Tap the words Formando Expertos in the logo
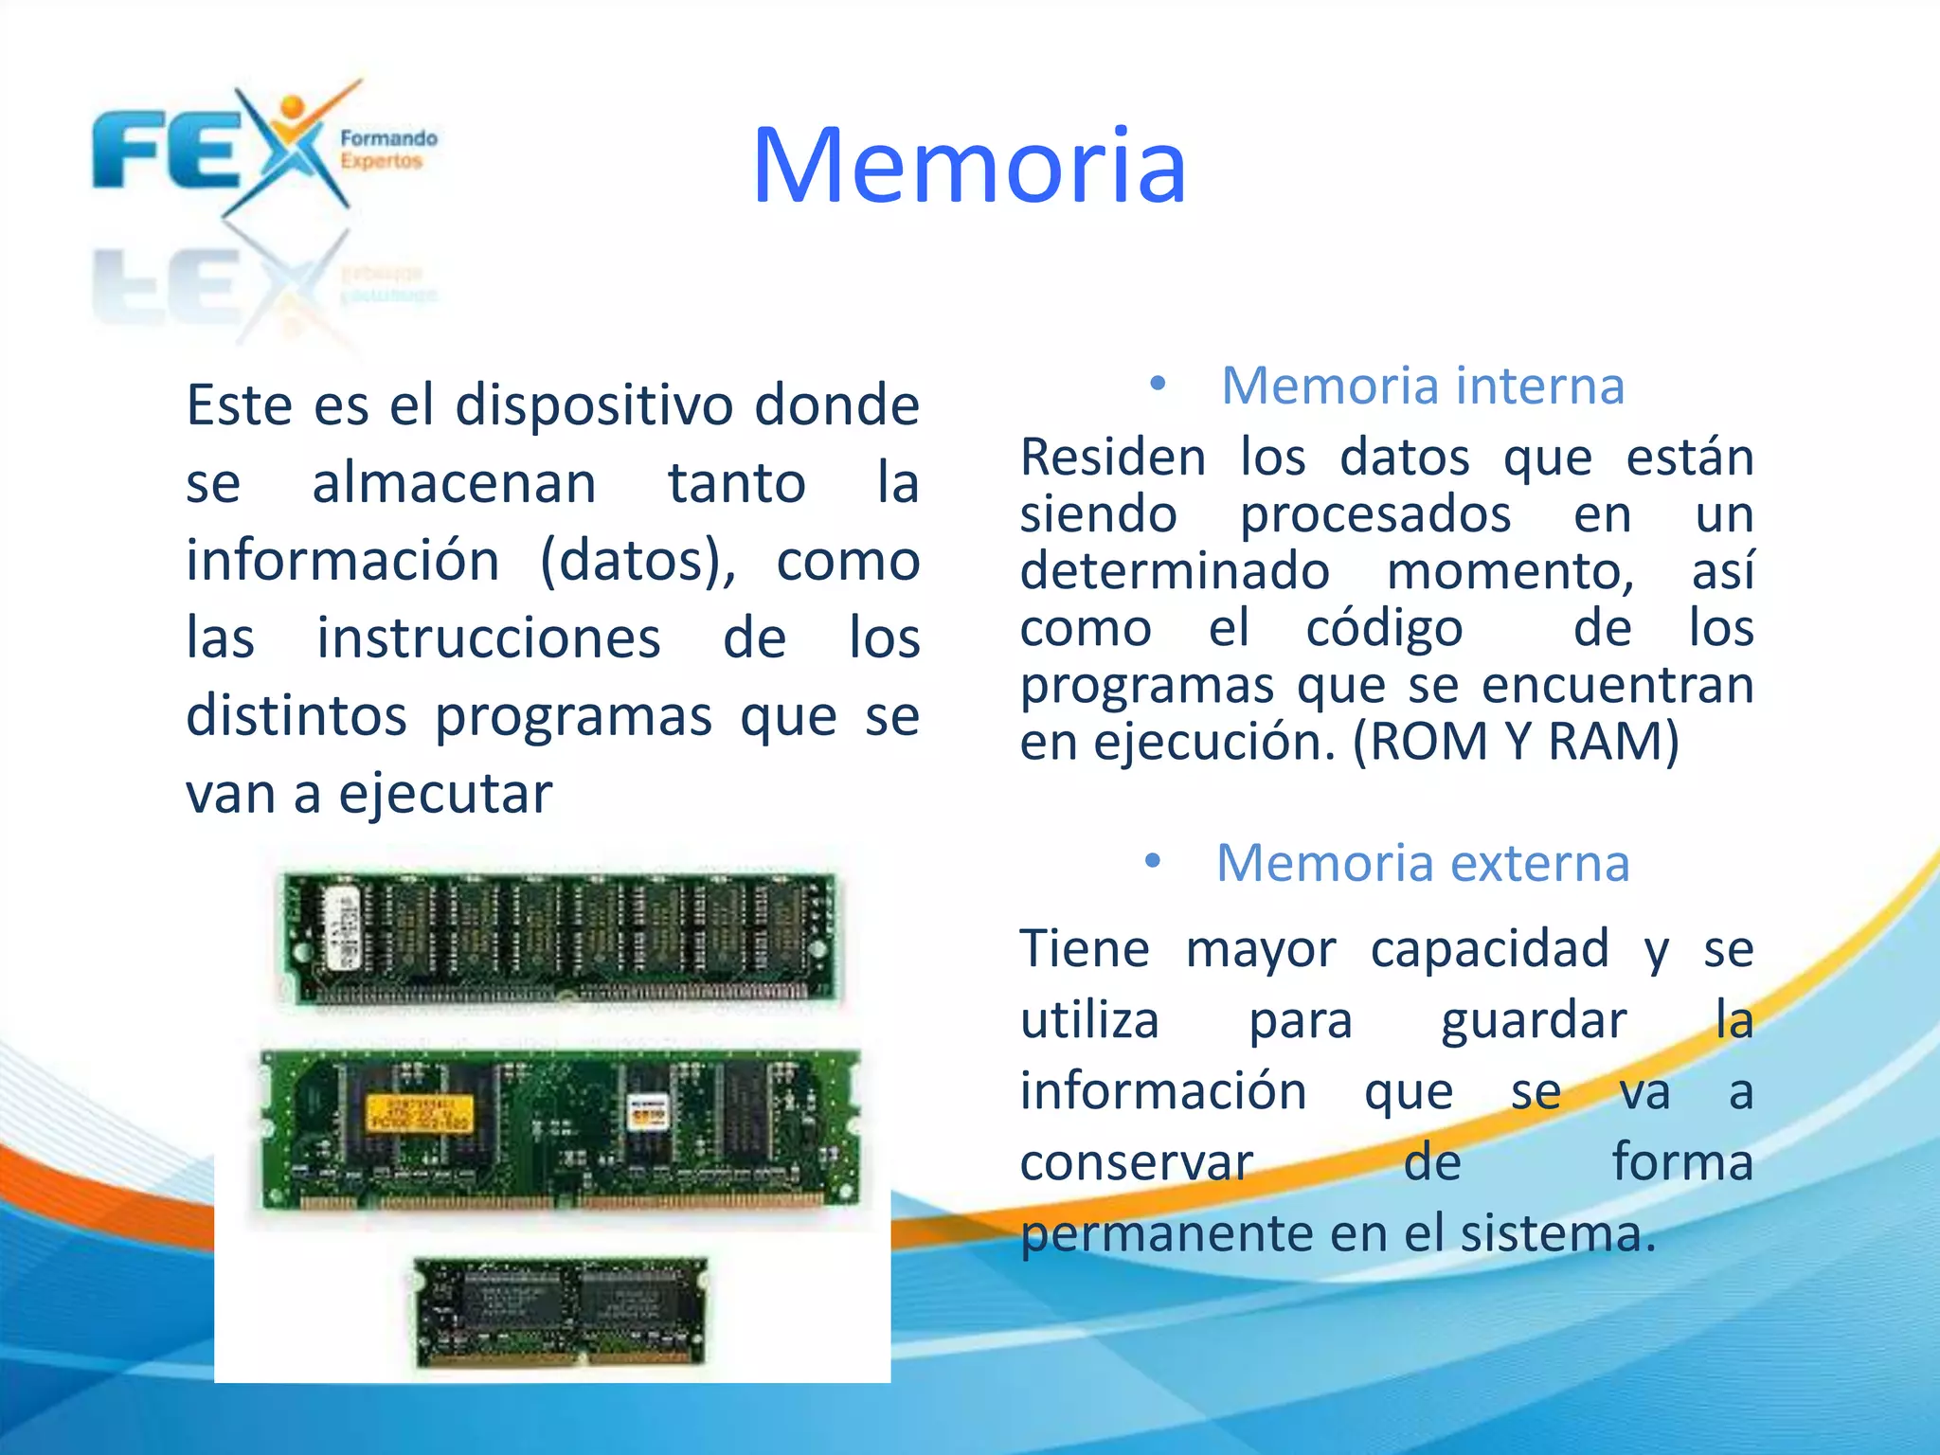click(388, 150)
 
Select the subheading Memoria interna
click(1423, 386)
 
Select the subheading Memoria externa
click(1423, 864)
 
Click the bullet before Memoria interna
click(1157, 385)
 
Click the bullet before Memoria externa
click(1152, 862)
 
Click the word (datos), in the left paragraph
click(638, 561)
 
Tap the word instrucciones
click(488, 638)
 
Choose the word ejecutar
click(445, 794)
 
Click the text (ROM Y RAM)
click(1516, 742)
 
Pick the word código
click(1384, 628)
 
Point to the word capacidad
click(1489, 948)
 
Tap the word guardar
click(1534, 1020)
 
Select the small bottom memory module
click(561, 1312)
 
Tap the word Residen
click(1112, 458)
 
